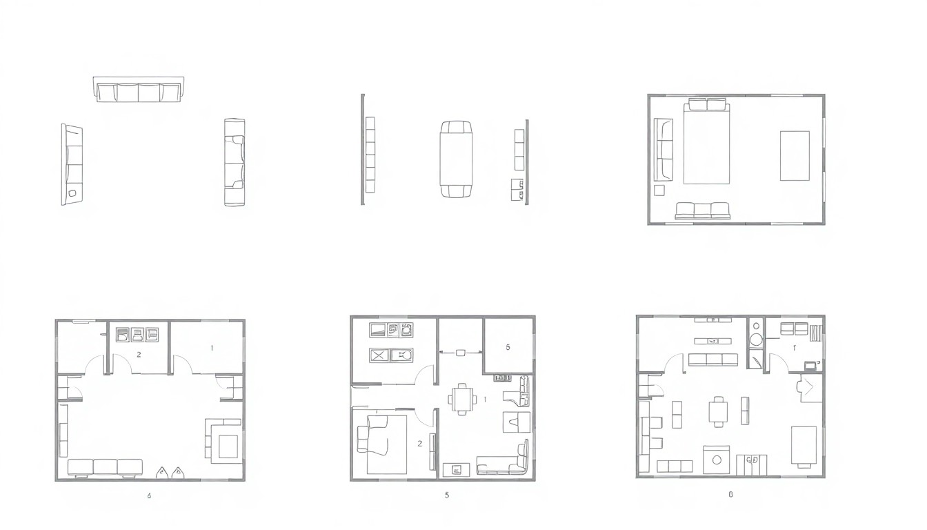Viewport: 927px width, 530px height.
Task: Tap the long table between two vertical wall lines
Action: tap(456, 159)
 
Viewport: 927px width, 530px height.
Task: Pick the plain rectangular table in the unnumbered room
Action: tap(795, 155)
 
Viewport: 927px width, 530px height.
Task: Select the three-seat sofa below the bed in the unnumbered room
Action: tap(702, 211)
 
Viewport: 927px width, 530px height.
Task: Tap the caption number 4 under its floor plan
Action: tap(149, 495)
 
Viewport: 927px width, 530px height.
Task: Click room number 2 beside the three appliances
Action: tap(139, 355)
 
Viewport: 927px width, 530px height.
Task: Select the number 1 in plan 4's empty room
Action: tap(212, 348)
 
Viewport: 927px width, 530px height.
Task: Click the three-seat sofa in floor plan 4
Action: tap(106, 467)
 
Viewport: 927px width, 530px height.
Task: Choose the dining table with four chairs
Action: tap(461, 399)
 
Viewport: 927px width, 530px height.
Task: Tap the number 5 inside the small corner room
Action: tap(508, 347)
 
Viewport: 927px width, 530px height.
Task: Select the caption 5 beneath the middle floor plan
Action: tap(447, 495)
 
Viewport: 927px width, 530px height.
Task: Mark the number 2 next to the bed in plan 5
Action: tap(419, 444)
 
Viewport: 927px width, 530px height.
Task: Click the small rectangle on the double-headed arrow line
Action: tap(460, 352)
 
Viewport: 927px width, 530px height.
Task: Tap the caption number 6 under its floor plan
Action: tap(730, 494)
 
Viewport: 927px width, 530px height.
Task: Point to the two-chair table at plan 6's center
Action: tap(718, 411)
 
